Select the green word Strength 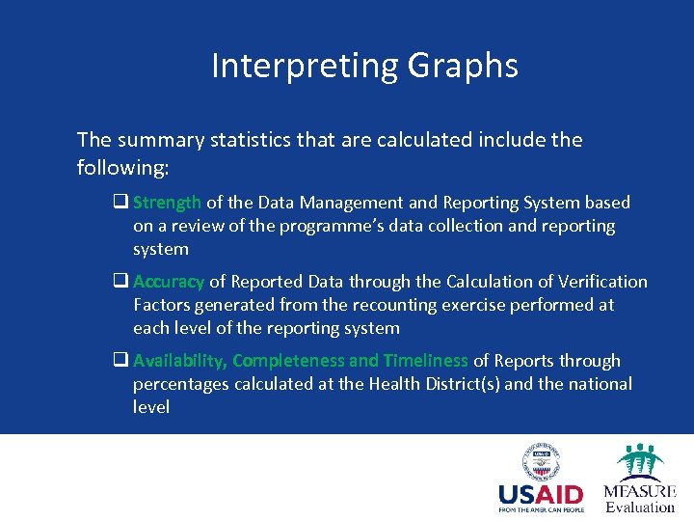pos(167,203)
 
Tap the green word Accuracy pos(169,282)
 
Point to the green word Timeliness pos(425,361)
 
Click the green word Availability pos(179,361)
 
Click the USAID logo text pos(541,494)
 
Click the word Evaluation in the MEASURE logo pos(640,507)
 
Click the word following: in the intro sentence pos(122,168)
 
